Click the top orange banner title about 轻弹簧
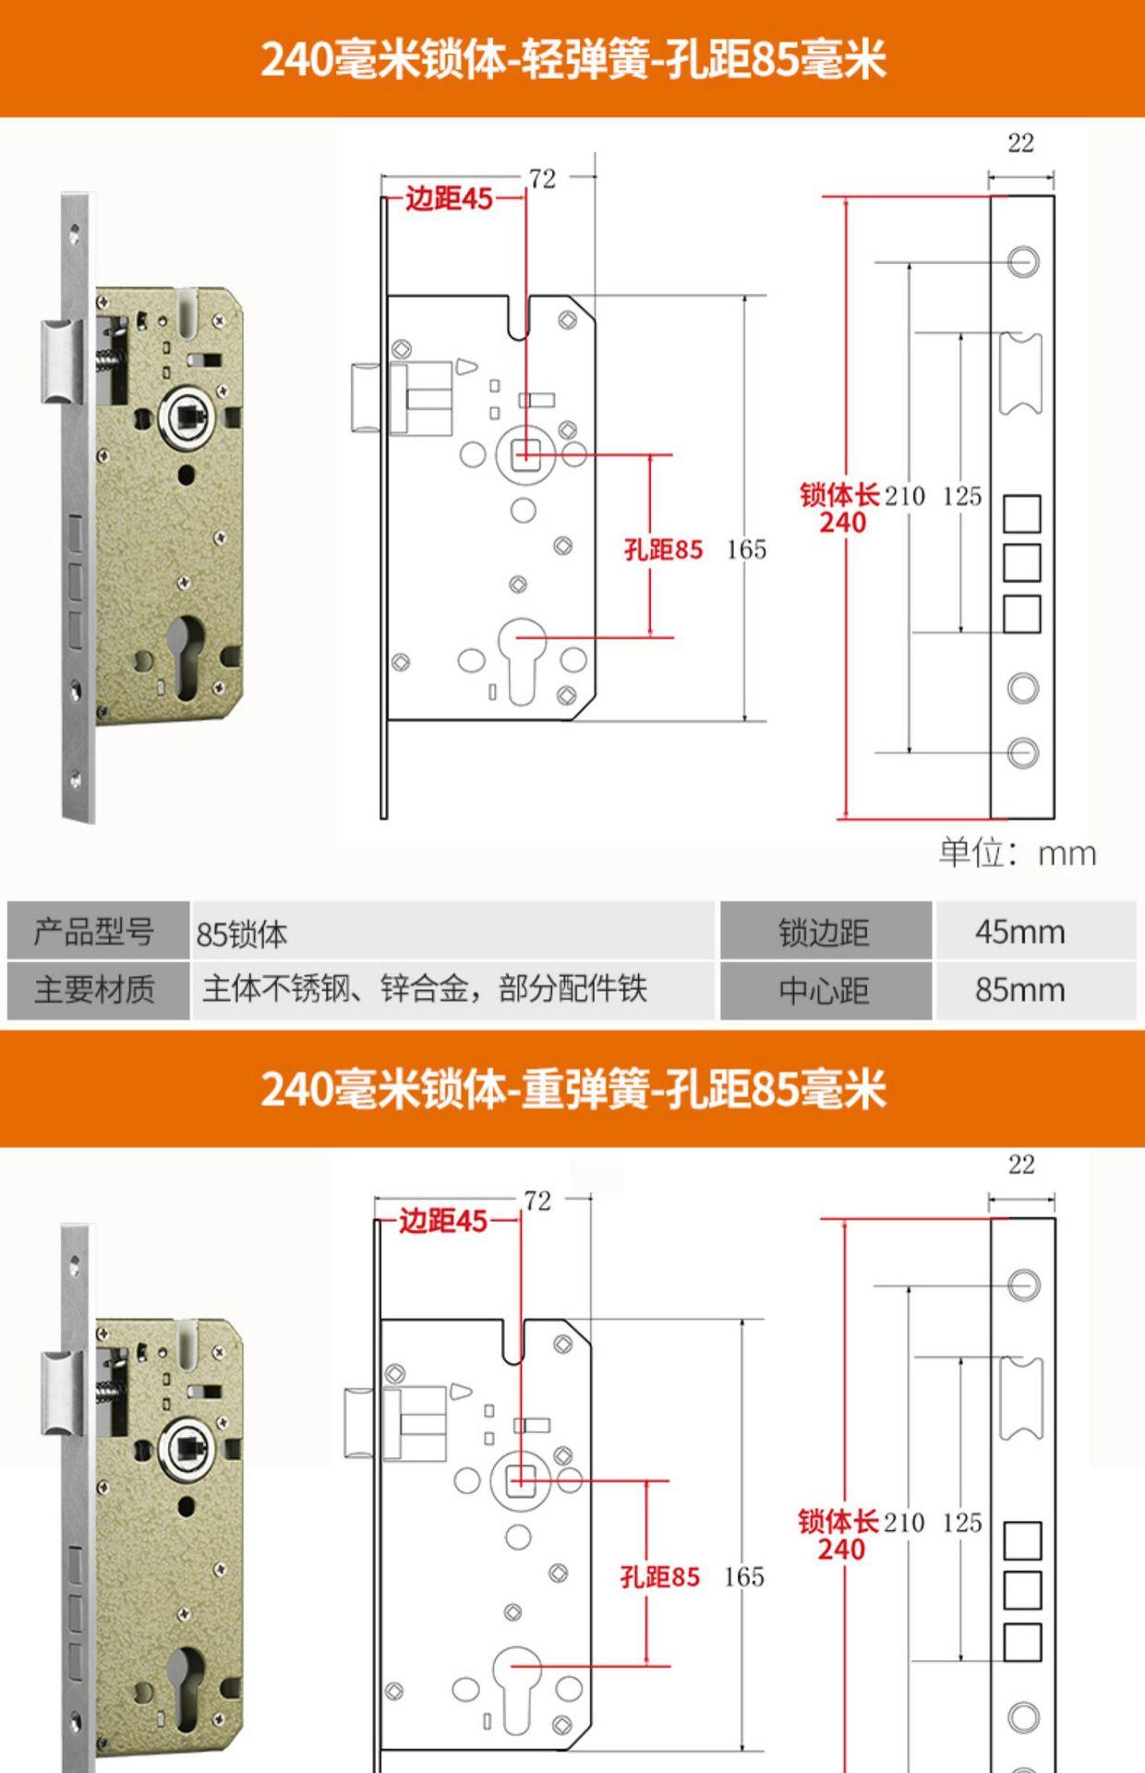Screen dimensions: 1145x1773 click(572, 59)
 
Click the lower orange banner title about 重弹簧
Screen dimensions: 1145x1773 click(572, 1089)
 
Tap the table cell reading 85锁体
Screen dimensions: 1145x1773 click(242, 934)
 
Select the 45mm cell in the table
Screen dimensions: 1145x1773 click(1019, 932)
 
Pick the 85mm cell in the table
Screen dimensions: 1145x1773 click(1019, 990)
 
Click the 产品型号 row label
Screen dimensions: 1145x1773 click(94, 932)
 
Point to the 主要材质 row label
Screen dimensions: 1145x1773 click(94, 990)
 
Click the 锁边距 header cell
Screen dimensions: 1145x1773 click(824, 932)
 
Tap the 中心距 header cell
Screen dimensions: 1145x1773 click(824, 990)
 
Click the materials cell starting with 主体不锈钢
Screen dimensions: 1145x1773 click(425, 989)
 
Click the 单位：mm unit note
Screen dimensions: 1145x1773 click(1018, 852)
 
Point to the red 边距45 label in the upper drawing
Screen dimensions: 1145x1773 click(450, 199)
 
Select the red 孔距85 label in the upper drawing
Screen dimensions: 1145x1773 click(663, 549)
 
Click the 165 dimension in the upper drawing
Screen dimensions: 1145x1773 click(746, 549)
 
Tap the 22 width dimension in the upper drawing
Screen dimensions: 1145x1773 click(1020, 143)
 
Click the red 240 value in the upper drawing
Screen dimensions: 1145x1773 click(842, 523)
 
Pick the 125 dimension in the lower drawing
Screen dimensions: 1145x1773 click(961, 1522)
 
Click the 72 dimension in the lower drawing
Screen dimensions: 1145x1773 click(537, 1200)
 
